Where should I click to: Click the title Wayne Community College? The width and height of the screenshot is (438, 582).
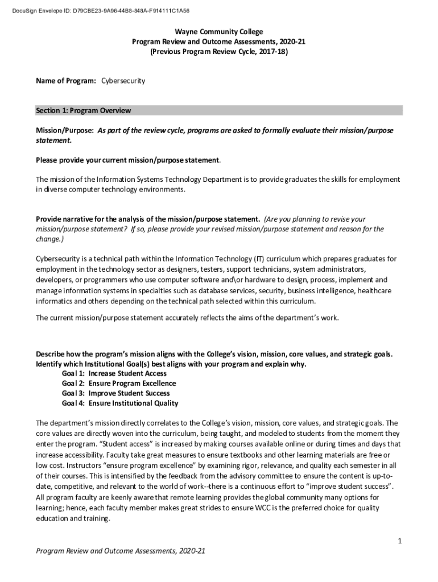coord(219,32)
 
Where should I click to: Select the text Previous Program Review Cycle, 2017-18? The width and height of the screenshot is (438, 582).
coord(219,51)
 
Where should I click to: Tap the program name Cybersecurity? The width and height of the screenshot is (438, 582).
coord(123,81)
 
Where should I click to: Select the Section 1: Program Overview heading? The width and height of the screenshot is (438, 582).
coord(83,110)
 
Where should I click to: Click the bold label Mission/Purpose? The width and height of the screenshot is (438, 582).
coord(65,130)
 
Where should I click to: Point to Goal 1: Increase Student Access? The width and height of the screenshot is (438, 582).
coord(114,373)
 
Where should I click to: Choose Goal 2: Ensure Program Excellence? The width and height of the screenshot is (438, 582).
coord(119,384)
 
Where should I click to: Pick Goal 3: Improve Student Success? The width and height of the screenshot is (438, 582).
coord(115,393)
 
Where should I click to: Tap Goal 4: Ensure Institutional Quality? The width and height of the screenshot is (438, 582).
coord(119,404)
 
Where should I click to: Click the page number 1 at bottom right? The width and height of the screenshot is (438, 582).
coord(400,541)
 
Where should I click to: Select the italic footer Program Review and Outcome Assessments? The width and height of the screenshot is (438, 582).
coord(120,551)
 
